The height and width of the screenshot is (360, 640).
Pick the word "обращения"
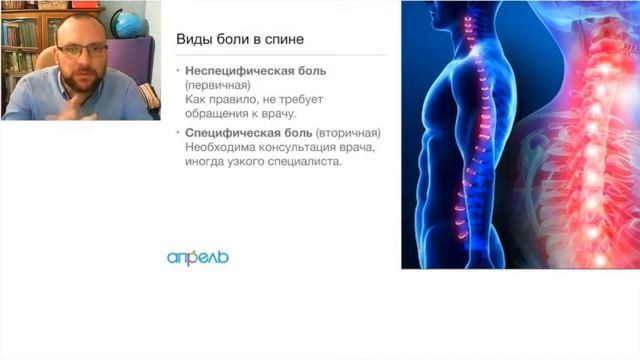pyautogui.click(x=217, y=117)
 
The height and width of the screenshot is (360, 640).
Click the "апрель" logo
pyautogui.click(x=198, y=257)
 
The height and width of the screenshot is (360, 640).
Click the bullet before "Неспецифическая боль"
pyautogui.click(x=177, y=73)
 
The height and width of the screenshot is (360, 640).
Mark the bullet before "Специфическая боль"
pyautogui.click(x=177, y=133)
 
